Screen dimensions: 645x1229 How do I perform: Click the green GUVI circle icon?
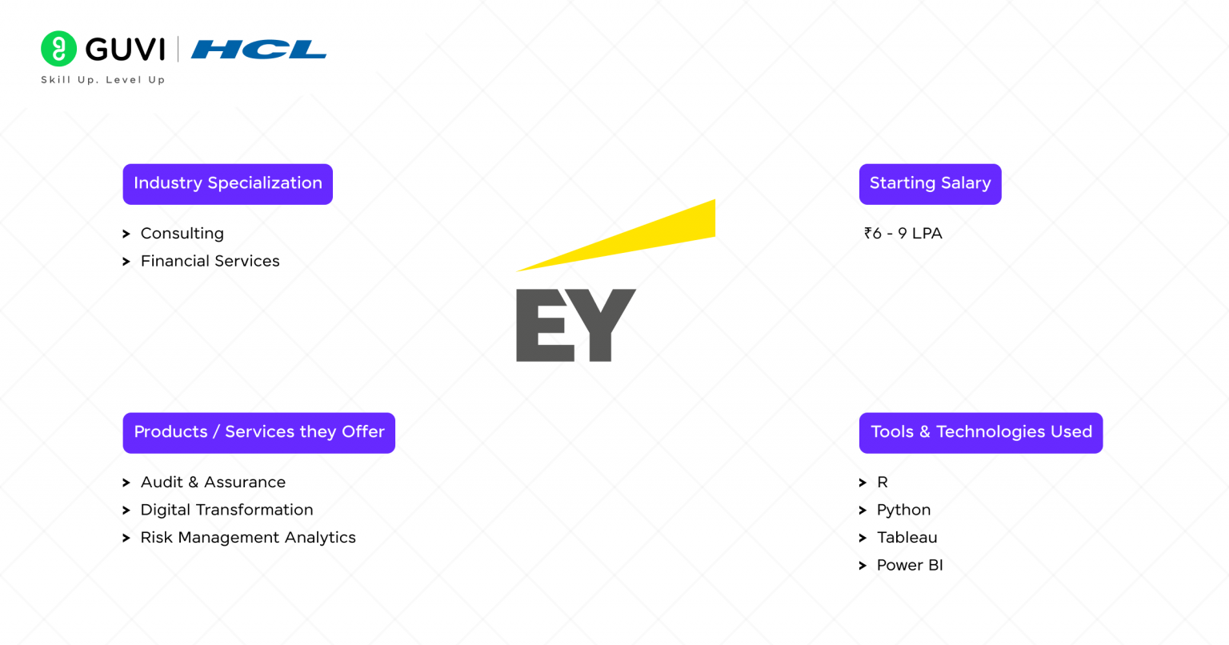[x=58, y=49]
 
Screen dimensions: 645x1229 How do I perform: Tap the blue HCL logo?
[x=258, y=50]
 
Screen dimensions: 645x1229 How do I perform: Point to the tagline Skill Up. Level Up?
[x=103, y=80]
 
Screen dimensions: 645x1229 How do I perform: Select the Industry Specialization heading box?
[x=227, y=184]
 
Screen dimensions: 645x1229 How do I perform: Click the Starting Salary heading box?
[x=930, y=184]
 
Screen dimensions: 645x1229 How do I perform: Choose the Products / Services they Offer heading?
[x=258, y=432]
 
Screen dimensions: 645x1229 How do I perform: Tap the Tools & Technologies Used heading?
[x=981, y=432]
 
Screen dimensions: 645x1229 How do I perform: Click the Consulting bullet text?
[x=182, y=234]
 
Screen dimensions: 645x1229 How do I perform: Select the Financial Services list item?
[x=210, y=262]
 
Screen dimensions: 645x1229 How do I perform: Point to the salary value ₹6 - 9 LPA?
[x=903, y=234]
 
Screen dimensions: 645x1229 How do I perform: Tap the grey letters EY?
[x=575, y=326]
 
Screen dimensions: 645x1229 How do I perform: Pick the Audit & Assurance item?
[x=213, y=483]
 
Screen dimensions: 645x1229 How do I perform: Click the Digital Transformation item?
[x=226, y=511]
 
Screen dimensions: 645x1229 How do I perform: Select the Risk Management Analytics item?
[x=248, y=538]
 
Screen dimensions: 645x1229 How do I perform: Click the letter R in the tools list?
[x=883, y=483]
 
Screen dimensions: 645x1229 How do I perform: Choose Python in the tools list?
[x=903, y=511]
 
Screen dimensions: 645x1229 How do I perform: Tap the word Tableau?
[x=907, y=538]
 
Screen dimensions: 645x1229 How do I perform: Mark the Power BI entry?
[x=910, y=566]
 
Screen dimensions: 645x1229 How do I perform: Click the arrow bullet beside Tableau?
[x=863, y=539]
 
